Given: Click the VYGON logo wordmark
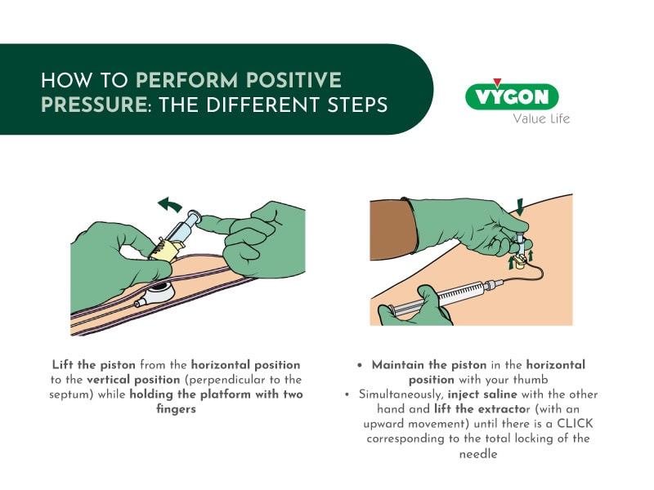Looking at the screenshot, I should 512,97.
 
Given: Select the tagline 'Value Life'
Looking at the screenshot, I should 540,119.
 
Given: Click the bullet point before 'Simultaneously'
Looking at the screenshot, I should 347,395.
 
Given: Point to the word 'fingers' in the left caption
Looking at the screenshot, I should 177,410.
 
